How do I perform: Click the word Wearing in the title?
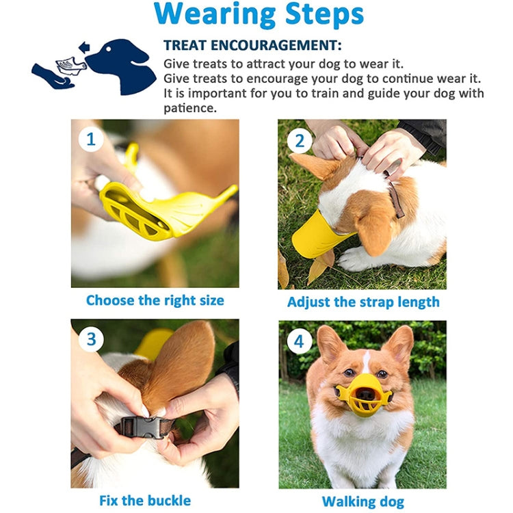215,15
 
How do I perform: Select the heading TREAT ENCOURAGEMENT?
252,45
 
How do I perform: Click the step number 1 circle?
91,140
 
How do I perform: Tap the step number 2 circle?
300,141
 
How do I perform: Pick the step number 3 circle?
91,339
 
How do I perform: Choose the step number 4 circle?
299,341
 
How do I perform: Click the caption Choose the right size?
155,300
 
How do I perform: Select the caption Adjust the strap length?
363,302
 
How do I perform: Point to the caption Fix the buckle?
145,501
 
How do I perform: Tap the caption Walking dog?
363,501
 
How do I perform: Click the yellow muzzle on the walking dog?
363,395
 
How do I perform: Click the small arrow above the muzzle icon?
84,47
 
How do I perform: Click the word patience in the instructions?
189,108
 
